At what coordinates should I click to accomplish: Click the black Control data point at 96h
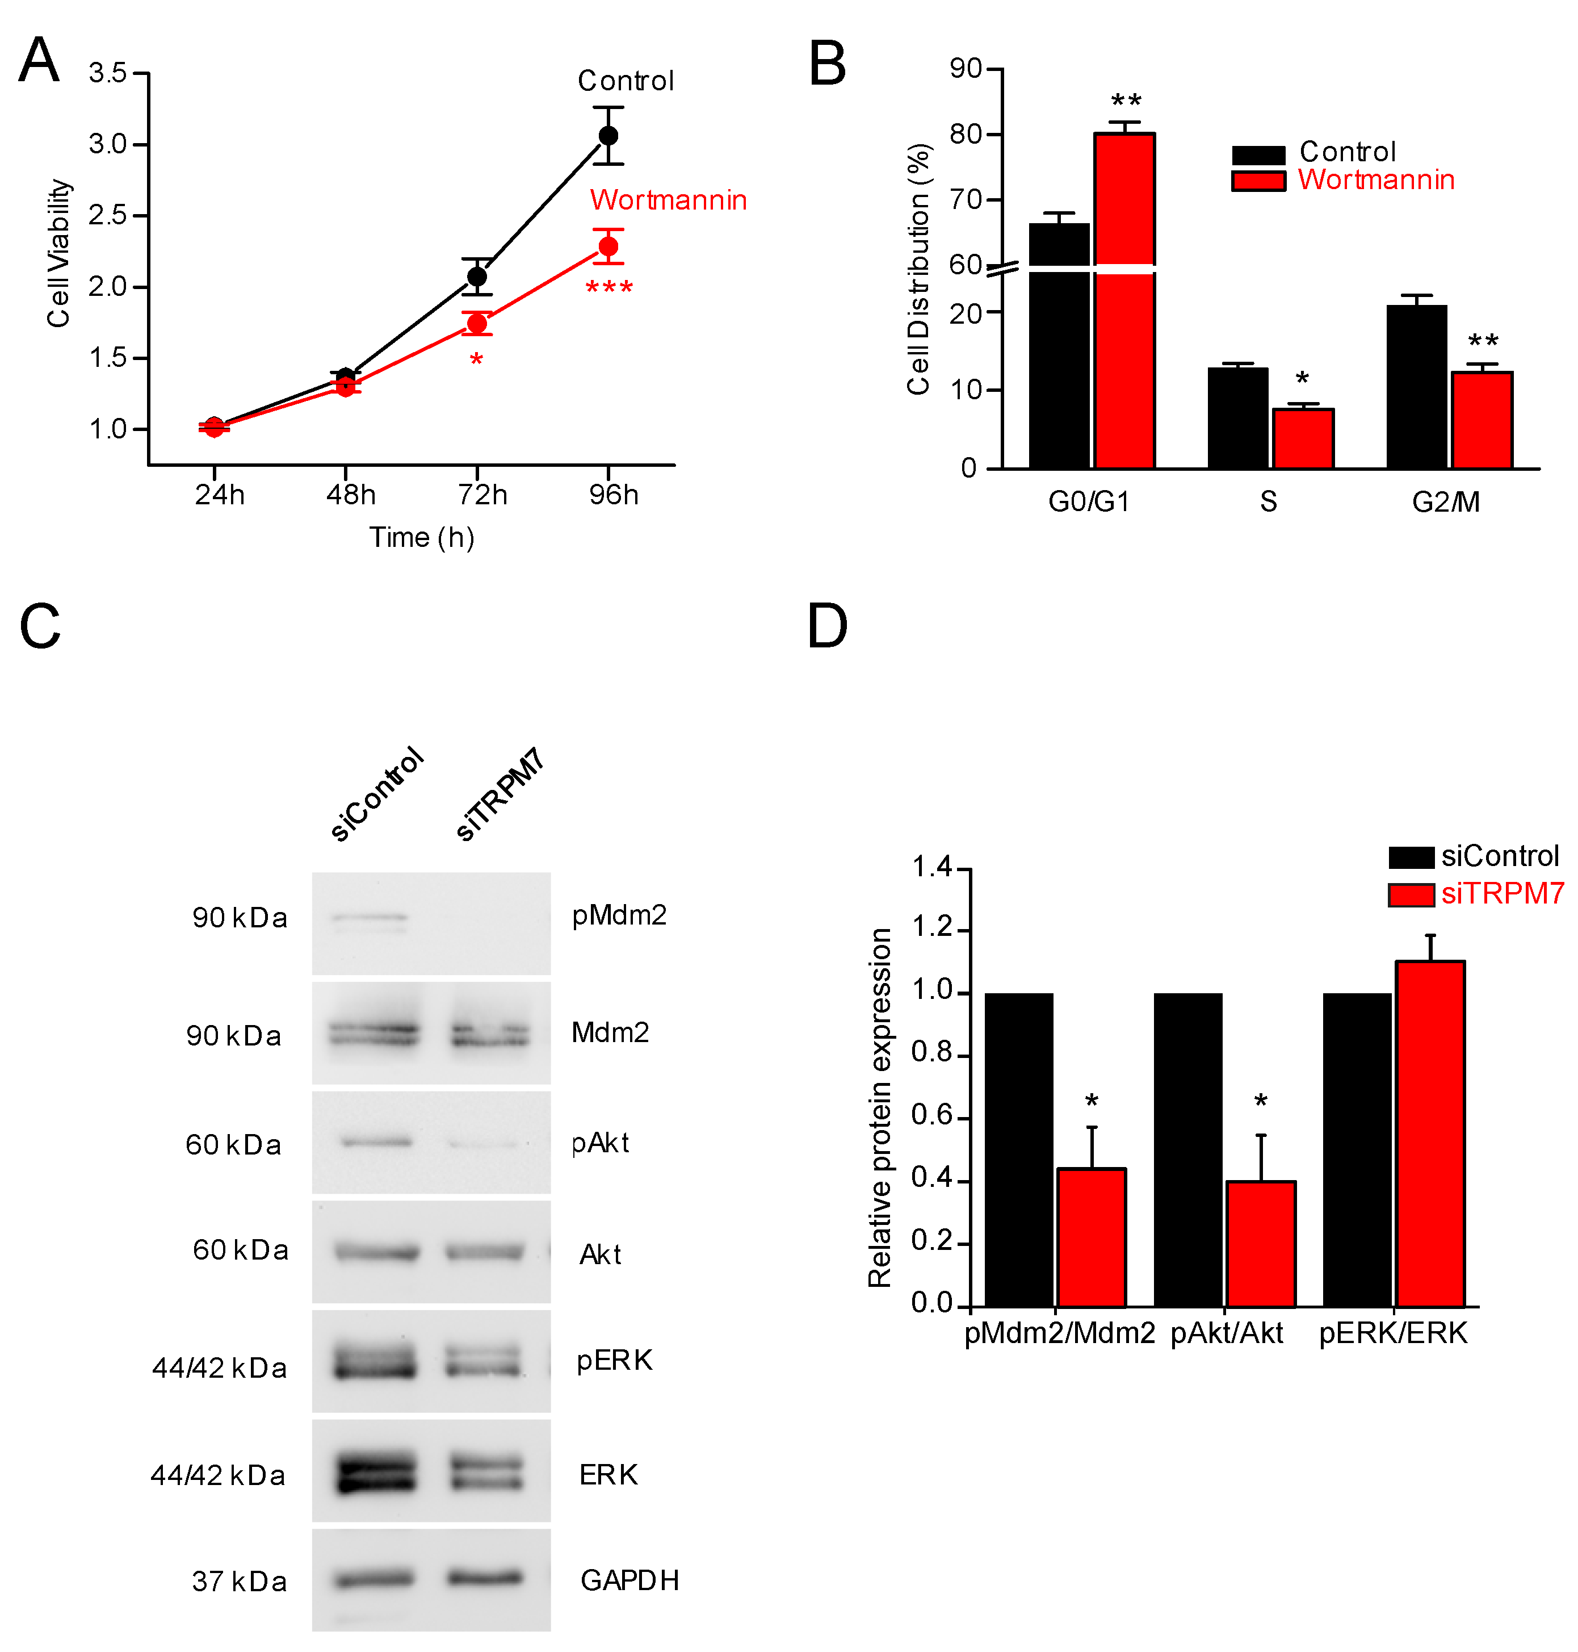608,136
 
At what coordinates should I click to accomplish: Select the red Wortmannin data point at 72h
477,323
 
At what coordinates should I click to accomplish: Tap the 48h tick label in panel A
351,494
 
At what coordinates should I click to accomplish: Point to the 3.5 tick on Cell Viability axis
108,73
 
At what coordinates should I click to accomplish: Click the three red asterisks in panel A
609,288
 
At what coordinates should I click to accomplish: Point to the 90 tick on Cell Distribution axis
966,69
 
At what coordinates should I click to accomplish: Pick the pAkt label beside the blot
600,1143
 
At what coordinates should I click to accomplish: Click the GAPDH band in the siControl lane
374,1580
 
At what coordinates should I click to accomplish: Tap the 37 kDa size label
239,1582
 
